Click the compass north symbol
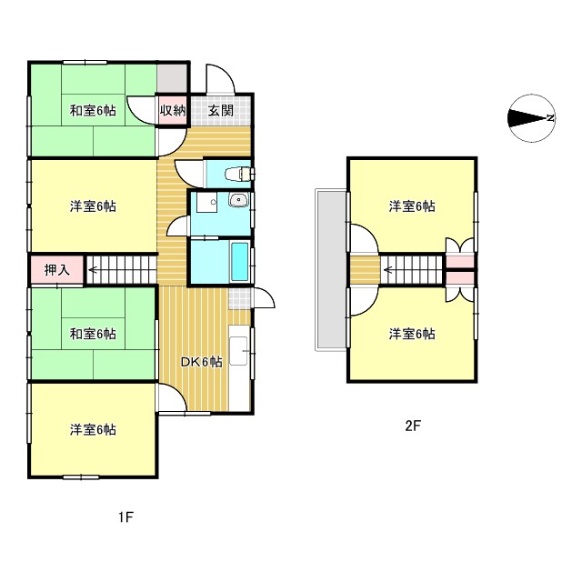[531, 118]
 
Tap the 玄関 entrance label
[220, 111]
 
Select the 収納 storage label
[173, 111]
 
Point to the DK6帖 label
[201, 361]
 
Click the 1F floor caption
[125, 518]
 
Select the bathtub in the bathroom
[240, 263]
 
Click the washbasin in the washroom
[238, 201]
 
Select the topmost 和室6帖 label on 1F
[93, 111]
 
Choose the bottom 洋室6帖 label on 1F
[93, 429]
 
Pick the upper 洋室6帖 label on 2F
[412, 206]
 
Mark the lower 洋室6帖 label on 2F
[412, 334]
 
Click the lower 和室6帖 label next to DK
[93, 334]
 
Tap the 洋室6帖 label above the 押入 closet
[93, 206]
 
